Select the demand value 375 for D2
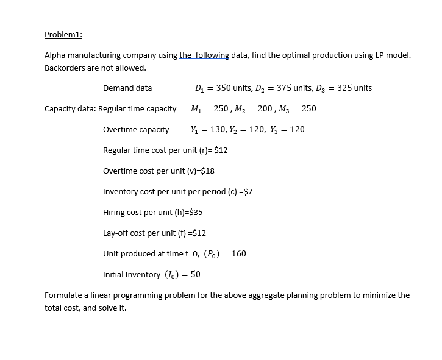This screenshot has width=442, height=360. point(285,88)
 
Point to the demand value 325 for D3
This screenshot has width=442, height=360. point(346,88)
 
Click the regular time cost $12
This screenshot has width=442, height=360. point(221,150)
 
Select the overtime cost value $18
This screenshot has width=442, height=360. point(207,171)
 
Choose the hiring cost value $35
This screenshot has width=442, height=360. point(196,212)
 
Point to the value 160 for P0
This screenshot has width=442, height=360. point(239,253)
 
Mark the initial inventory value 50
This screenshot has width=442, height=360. point(195,274)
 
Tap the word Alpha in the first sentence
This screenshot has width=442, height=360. point(55,55)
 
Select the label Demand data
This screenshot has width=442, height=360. point(127,88)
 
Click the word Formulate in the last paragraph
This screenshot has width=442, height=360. point(63,295)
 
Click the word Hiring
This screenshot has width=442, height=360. point(115,212)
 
